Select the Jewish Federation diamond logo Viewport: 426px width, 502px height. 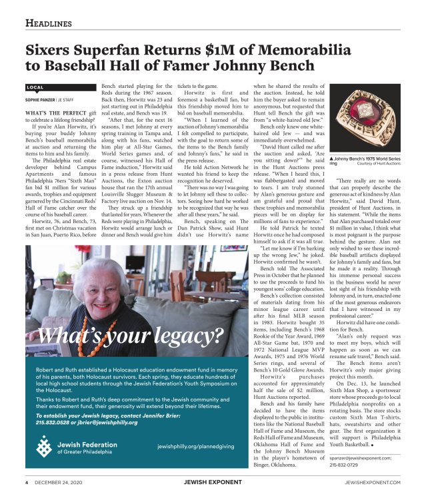44,445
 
